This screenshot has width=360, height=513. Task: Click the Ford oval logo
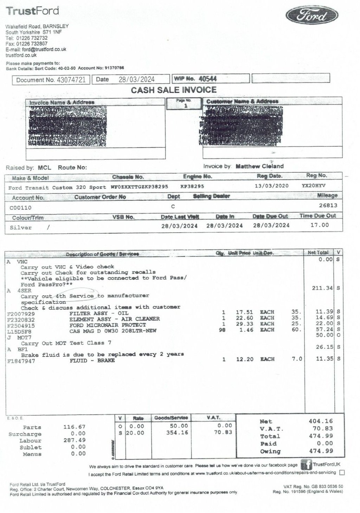311,16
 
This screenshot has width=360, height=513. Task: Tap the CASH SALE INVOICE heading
174,90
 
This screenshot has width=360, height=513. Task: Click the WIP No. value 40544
208,79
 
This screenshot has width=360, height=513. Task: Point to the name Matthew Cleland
259,166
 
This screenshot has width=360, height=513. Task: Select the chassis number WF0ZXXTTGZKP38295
140,187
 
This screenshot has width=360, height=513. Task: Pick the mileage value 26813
328,205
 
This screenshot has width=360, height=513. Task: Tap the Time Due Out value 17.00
320,225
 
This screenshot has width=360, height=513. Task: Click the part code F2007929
21,313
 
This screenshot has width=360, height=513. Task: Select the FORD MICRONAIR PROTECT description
108,325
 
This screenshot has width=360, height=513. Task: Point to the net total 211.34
322,288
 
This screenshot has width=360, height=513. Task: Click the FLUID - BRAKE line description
92,361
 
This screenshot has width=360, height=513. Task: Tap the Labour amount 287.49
74,440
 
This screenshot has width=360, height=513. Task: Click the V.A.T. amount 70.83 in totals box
323,428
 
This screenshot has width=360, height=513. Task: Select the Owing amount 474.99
323,451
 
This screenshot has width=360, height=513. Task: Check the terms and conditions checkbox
342,473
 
